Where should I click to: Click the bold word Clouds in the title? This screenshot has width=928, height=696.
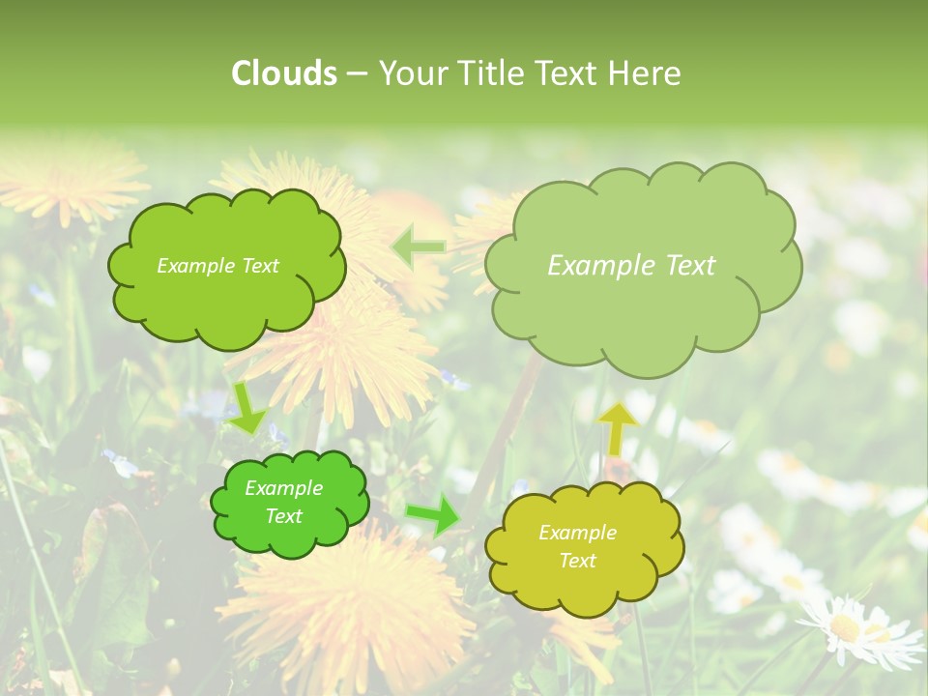pos(284,73)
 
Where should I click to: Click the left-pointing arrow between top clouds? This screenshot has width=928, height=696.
pos(419,247)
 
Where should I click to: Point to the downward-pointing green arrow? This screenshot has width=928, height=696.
pos(246,408)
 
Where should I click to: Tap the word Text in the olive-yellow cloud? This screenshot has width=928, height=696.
pos(577,561)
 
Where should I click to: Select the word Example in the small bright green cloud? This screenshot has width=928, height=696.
pos(284,488)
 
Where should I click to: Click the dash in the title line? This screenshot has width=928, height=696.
pos(357,73)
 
